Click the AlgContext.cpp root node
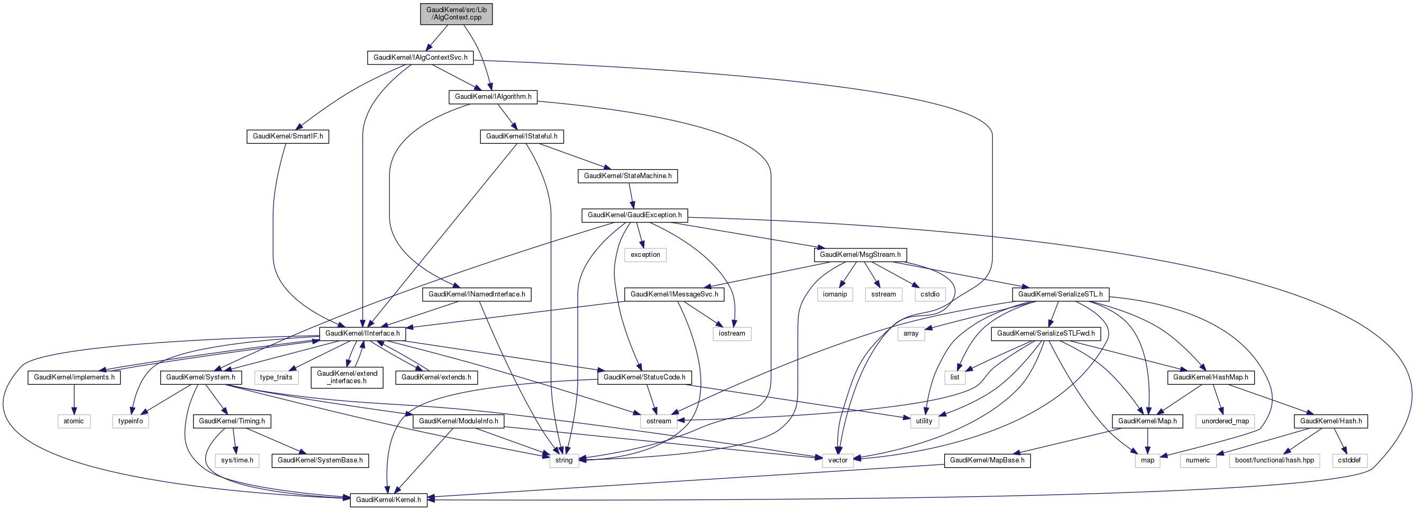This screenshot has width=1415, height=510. pyautogui.click(x=456, y=13)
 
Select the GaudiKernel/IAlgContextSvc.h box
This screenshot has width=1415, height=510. pyautogui.click(x=420, y=58)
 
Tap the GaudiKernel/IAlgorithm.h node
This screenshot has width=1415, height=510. pyautogui.click(x=492, y=97)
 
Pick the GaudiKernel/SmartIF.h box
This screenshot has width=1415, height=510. pyautogui.click(x=287, y=136)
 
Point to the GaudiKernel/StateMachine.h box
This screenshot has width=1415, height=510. pyautogui.click(x=627, y=175)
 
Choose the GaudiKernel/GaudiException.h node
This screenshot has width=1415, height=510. pyautogui.click(x=634, y=215)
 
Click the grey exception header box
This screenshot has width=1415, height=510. pyautogui.click(x=645, y=255)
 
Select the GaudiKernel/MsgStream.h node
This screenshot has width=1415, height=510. pyautogui.click(x=860, y=255)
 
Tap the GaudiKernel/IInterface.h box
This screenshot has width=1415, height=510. pyautogui.click(x=362, y=333)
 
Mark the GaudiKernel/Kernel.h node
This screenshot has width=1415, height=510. pyautogui.click(x=388, y=499)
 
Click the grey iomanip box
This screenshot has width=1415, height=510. pyautogui.click(x=834, y=294)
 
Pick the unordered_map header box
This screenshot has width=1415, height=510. pyautogui.click(x=1225, y=421)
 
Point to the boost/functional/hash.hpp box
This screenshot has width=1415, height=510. pyautogui.click(x=1274, y=460)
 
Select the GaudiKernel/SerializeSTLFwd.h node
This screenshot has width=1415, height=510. pyautogui.click(x=1045, y=333)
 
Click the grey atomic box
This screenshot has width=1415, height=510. pyautogui.click(x=74, y=421)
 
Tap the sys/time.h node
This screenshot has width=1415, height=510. pyautogui.click(x=237, y=460)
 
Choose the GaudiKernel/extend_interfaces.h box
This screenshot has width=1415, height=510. pyautogui.click(x=347, y=377)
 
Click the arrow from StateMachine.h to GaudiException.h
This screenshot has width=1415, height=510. pyautogui.click(x=631, y=196)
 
